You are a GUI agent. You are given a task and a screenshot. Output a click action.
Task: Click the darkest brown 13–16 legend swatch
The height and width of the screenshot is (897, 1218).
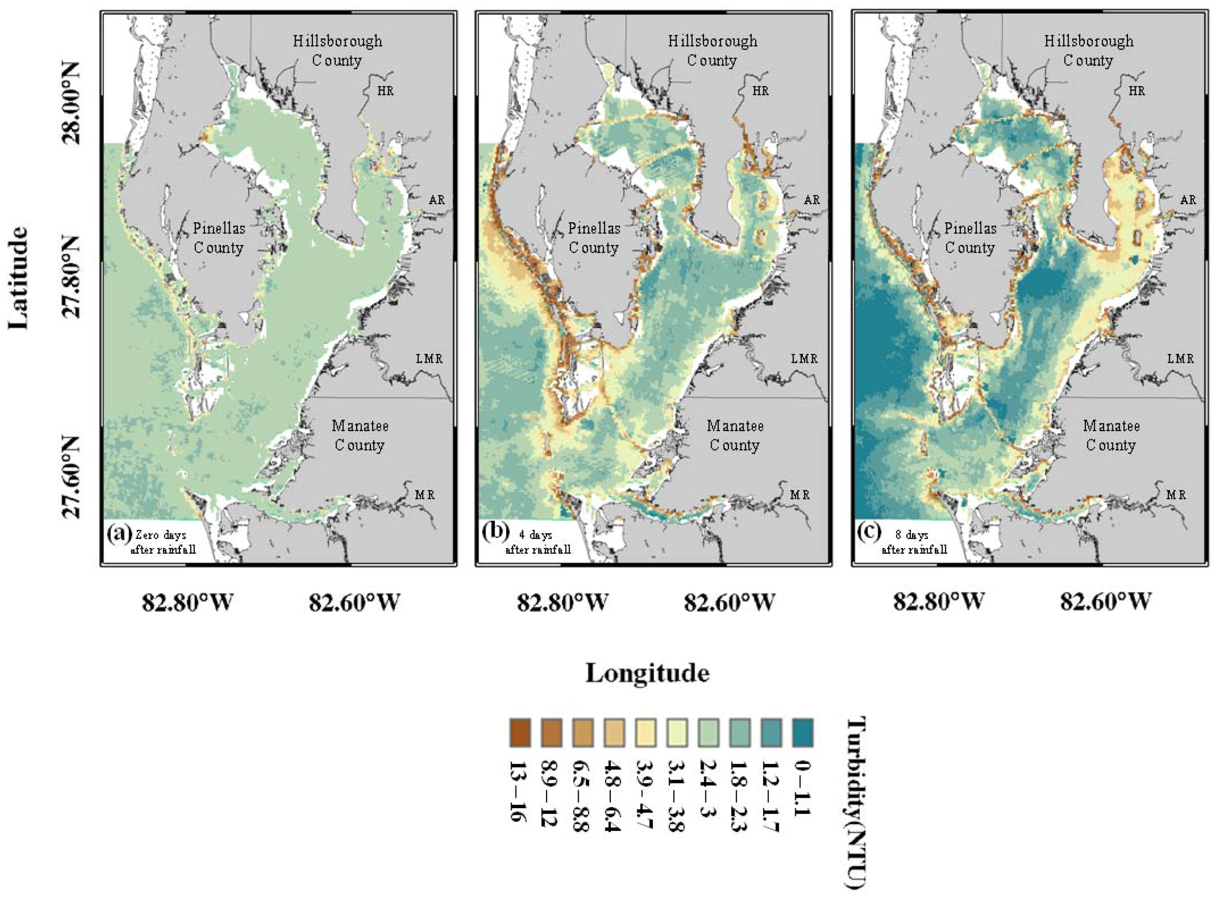pyautogui.click(x=520, y=733)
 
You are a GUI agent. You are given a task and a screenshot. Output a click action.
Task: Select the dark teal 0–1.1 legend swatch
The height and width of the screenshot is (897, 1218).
pyautogui.click(x=802, y=733)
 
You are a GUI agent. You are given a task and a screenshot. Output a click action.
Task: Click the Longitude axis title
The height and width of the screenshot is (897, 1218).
pyautogui.click(x=647, y=673)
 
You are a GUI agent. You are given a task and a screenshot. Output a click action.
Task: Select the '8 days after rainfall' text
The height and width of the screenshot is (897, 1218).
pyautogui.click(x=914, y=542)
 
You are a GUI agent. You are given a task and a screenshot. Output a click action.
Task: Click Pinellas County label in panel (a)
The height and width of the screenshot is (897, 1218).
pyautogui.click(x=219, y=238)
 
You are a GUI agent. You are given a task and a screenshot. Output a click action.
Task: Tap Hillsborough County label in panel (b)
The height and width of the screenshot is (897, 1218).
pyautogui.click(x=712, y=50)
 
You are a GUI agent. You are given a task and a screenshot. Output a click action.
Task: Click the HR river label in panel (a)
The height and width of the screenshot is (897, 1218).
pyautogui.click(x=385, y=91)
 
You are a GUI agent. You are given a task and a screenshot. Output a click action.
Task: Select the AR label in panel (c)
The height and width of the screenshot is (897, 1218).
pyautogui.click(x=1188, y=200)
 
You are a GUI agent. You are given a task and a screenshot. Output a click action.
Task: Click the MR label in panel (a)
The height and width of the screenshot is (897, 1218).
pyautogui.click(x=425, y=495)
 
